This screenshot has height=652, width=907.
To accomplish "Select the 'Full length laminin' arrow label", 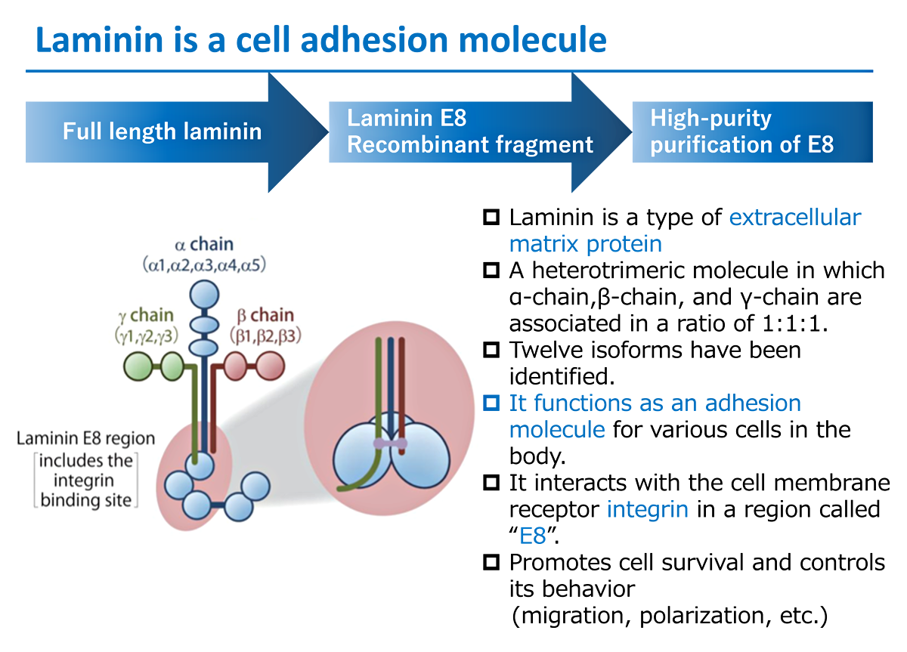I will [162, 131].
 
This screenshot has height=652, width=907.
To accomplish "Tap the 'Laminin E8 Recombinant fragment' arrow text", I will [469, 131].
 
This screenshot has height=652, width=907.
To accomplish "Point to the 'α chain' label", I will [204, 245].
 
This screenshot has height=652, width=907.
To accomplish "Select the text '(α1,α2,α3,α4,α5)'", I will [204, 265].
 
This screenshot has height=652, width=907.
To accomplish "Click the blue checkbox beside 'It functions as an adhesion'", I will [491, 403].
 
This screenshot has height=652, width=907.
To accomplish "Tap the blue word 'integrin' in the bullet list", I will [647, 508].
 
